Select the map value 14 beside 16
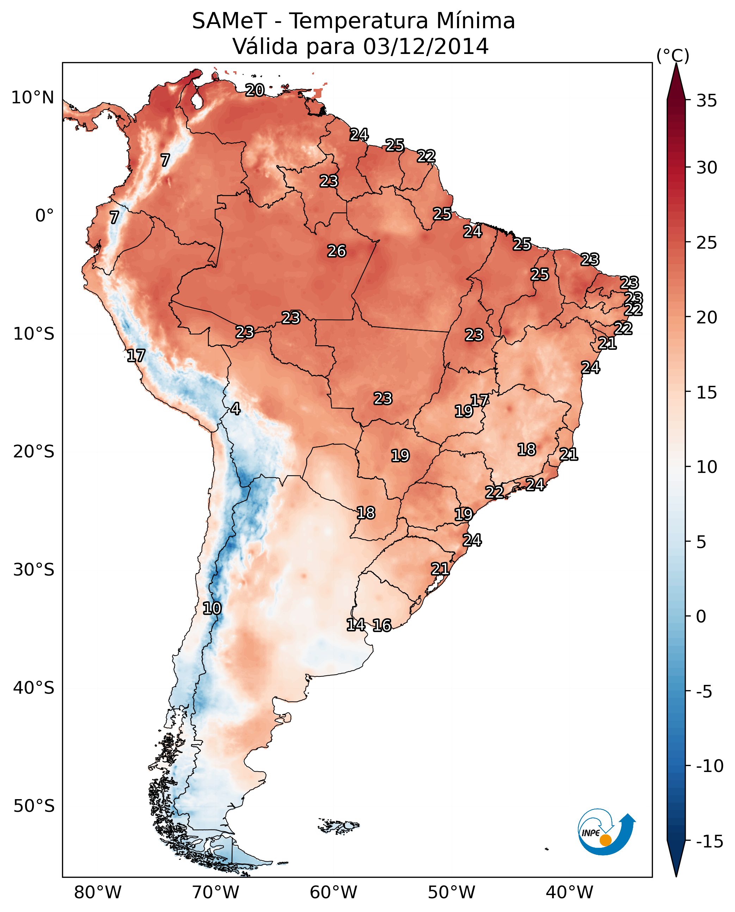click(x=356, y=624)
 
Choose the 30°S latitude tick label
click(x=34, y=570)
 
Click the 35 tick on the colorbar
click(x=706, y=101)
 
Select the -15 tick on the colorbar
click(x=710, y=842)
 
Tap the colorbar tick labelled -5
click(x=710, y=692)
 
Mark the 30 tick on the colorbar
click(x=706, y=168)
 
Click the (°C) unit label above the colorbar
click(x=673, y=55)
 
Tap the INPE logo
click(x=606, y=832)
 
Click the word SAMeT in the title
click(x=229, y=21)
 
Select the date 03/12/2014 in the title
click(x=426, y=46)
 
